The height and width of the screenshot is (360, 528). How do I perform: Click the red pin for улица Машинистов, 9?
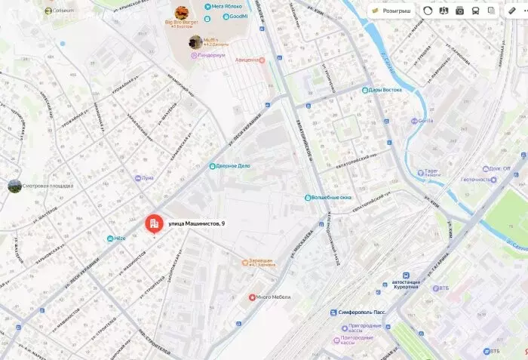tap(153, 223)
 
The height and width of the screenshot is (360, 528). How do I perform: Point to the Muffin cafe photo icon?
tap(195, 42)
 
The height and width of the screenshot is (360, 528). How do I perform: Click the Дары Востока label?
tap(385, 90)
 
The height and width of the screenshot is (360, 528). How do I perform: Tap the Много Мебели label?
tap(273, 297)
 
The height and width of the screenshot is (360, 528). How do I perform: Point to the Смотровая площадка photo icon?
tap(14, 186)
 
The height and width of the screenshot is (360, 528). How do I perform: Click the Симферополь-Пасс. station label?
tap(358, 312)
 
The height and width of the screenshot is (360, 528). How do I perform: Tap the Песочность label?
tap(476, 180)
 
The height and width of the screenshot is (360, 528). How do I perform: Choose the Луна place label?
tap(147, 179)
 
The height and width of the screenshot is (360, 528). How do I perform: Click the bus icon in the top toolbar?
tap(476, 11)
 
